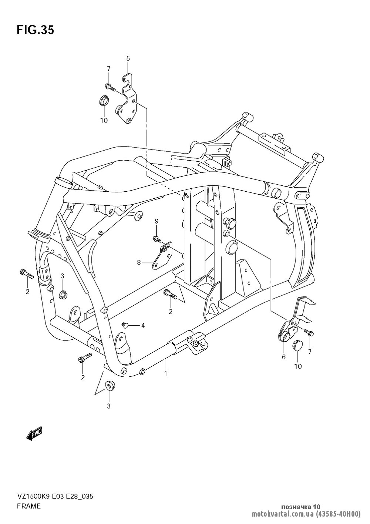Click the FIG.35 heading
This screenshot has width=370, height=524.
(x=35, y=30)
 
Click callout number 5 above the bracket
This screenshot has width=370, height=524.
(x=128, y=58)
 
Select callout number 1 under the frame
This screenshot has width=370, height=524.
(x=166, y=373)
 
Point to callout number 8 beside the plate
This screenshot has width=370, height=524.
(x=139, y=263)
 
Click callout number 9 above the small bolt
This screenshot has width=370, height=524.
(x=156, y=221)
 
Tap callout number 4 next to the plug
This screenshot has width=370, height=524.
(x=143, y=325)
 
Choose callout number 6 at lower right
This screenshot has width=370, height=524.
(x=284, y=357)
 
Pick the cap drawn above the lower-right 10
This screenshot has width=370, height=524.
(x=297, y=346)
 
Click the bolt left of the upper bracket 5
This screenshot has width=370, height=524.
(x=110, y=87)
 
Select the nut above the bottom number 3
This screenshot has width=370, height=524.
(x=109, y=384)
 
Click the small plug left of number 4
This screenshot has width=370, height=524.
(x=125, y=325)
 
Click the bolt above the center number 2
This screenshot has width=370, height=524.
(x=170, y=295)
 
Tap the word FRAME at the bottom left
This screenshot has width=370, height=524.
(x=28, y=506)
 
